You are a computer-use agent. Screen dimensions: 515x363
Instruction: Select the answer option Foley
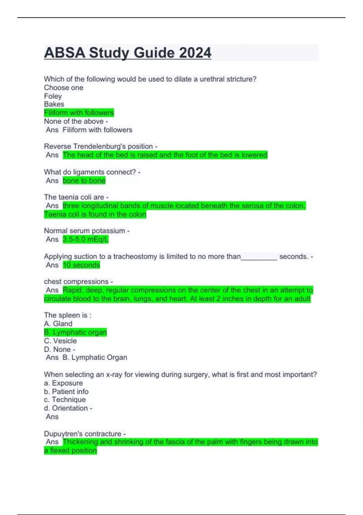[53, 96]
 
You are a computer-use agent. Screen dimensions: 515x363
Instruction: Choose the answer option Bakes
[54, 104]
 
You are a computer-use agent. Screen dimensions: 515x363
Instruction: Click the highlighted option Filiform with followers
[79, 113]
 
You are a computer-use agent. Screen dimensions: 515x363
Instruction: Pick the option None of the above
[74, 121]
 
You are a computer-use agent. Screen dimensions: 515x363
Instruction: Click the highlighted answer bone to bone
[84, 181]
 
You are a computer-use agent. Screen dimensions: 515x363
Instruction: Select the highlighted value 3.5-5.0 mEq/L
[86, 239]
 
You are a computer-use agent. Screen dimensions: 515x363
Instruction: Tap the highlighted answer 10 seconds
[81, 265]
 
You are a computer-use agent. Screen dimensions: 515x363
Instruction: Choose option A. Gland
[58, 324]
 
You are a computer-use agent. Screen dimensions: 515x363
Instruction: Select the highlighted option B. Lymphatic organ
[75, 332]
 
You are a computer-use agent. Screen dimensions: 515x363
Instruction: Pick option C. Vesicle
[60, 341]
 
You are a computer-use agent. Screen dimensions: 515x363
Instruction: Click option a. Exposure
[63, 383]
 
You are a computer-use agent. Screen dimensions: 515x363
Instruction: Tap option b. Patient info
[66, 391]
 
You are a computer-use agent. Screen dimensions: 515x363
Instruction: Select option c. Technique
[65, 400]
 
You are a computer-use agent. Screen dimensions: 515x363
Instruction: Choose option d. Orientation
[66, 408]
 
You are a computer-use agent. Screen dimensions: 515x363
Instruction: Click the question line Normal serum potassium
[85, 231]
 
